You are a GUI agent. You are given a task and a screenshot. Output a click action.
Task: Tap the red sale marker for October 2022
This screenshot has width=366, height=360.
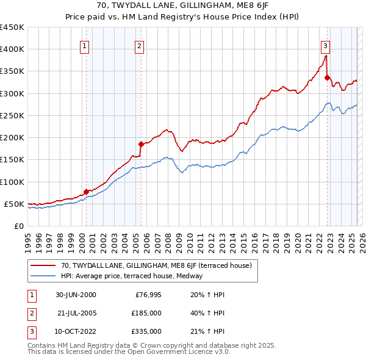328,77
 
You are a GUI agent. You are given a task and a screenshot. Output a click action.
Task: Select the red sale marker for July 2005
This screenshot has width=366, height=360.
141,144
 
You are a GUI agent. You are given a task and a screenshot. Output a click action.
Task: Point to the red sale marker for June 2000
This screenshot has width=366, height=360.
86,192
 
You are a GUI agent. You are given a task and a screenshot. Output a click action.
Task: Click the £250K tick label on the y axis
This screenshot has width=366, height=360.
12,115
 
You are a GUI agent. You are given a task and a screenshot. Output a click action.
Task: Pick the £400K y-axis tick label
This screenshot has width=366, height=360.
12,49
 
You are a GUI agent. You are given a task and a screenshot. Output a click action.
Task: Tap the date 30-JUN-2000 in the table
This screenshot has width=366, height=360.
76,295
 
